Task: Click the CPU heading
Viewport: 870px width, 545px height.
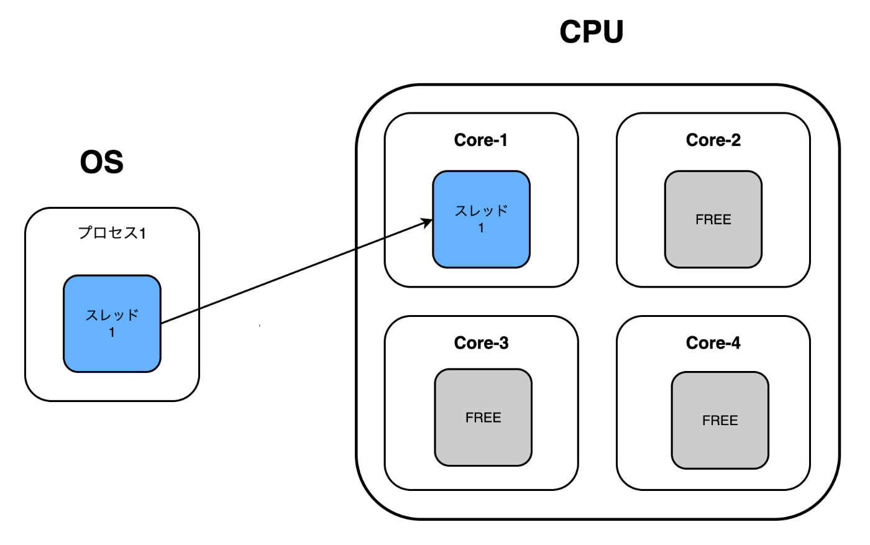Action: coord(591,32)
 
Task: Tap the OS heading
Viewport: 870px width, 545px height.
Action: coord(102,162)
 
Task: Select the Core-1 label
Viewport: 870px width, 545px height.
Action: coord(480,140)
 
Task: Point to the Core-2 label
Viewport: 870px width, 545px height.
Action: coord(713,140)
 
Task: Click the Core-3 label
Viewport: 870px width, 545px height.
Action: coord(481,343)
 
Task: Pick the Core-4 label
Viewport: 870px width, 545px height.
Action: coord(713,343)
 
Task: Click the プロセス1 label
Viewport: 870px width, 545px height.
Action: coord(112,233)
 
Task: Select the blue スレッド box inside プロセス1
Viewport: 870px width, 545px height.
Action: coord(112,324)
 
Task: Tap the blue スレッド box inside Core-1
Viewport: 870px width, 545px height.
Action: coord(481,219)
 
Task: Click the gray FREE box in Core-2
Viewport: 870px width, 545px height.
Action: coord(713,219)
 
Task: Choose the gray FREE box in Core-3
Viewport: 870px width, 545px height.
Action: coord(483,418)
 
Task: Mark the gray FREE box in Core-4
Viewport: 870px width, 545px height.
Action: coord(720,420)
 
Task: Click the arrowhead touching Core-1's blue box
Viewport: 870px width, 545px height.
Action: coord(428,222)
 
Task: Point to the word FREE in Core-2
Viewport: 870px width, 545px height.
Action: coord(713,219)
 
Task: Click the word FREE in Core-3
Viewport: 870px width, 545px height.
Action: coord(483,418)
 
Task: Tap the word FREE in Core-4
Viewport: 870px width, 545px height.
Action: coord(720,421)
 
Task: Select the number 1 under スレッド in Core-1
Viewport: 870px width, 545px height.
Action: coord(481,228)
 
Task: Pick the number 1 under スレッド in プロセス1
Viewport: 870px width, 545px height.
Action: coord(112,332)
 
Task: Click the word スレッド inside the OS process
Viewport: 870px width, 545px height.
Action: coord(112,315)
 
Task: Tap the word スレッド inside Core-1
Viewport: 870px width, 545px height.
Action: coord(481,211)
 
